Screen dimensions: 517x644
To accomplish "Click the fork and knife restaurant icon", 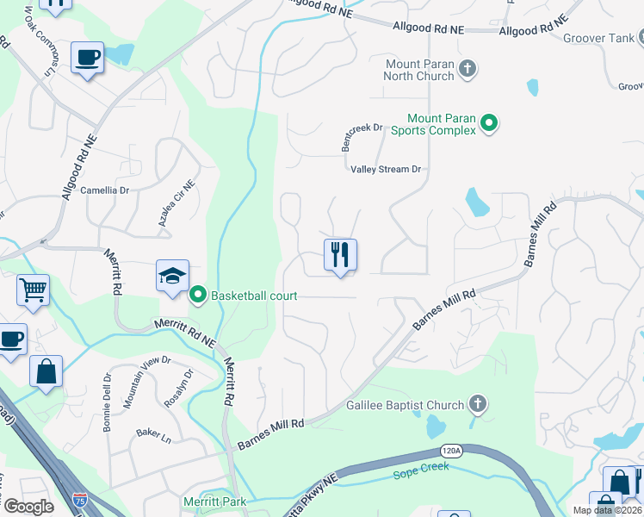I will click(340, 254).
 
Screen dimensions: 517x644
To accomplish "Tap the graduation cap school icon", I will click(172, 276).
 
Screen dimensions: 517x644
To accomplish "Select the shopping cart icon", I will click(33, 290).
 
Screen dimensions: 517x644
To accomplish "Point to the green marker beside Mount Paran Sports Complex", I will click(489, 124).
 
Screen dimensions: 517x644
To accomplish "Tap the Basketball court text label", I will click(254, 296).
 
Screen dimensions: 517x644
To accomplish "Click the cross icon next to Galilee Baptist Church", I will click(478, 404).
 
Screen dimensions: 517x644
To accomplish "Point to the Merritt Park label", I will click(214, 501).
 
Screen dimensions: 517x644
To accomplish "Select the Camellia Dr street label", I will click(104, 190).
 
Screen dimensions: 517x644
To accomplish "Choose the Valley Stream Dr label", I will click(386, 169).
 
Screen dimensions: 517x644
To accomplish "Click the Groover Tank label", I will click(598, 38).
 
